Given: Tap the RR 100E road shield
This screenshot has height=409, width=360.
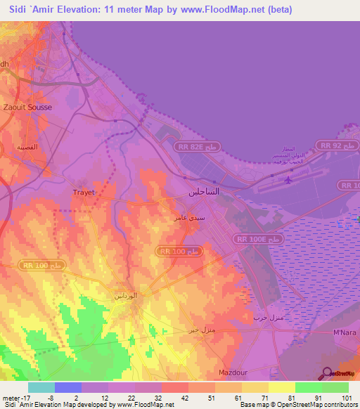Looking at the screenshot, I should coord(259,240).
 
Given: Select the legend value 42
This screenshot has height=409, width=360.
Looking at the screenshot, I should coord(186,398).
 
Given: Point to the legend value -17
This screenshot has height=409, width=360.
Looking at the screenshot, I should coord(8,398).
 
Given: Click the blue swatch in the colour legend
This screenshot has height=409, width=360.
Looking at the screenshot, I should coord(68,387).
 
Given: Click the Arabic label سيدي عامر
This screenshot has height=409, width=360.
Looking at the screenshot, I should coord(190,219).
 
